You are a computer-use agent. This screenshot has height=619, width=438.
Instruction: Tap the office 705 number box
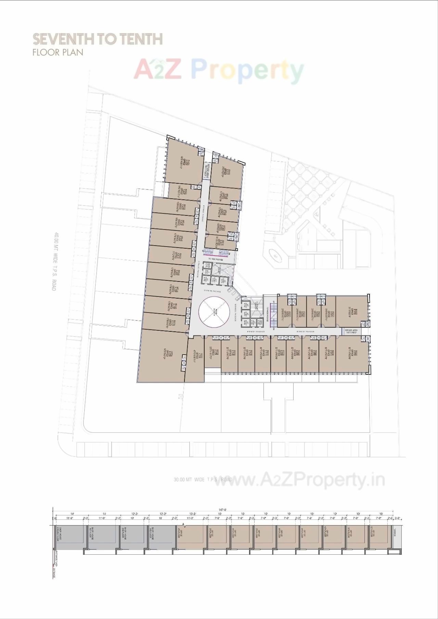(x=356, y=312)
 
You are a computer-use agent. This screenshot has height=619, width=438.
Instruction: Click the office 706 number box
(x=356, y=353)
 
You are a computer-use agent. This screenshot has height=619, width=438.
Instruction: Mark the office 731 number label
(x=222, y=243)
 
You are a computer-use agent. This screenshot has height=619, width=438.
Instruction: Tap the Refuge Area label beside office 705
(x=351, y=331)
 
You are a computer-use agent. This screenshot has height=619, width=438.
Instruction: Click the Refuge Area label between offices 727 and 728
(x=206, y=170)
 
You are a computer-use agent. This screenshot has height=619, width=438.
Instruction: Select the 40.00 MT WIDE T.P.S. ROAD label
(x=53, y=262)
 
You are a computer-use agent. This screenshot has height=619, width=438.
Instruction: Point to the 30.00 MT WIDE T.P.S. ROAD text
(x=203, y=479)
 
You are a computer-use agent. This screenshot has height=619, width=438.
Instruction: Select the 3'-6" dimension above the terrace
(x=397, y=518)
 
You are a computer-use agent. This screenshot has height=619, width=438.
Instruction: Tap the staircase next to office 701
(x=273, y=312)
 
